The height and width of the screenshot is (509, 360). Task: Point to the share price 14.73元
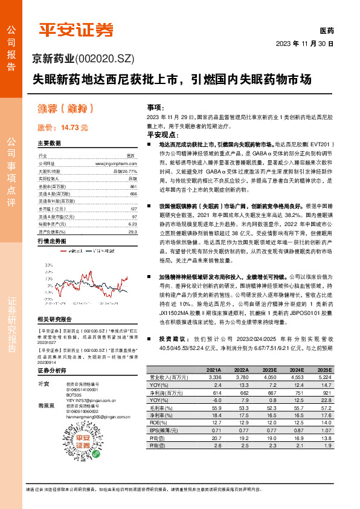pyautogui.click(x=63, y=128)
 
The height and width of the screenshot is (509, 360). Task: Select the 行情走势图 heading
pyautogui.click(x=51, y=241)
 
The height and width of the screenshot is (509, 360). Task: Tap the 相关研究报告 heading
pyautogui.click(x=54, y=319)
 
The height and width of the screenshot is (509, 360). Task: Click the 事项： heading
pyautogui.click(x=155, y=106)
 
